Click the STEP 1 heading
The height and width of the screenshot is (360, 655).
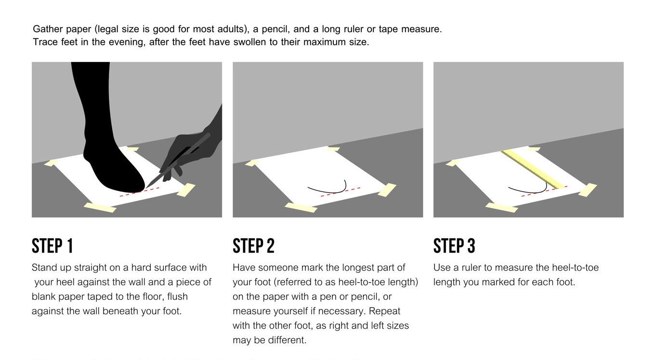pyautogui.click(x=52, y=246)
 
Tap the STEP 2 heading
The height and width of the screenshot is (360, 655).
pyautogui.click(x=253, y=246)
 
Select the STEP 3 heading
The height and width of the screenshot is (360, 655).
pyautogui.click(x=454, y=246)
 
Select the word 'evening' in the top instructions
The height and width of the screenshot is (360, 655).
pyautogui.click(x=127, y=42)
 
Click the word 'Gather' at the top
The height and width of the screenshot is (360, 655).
pyautogui.click(x=48, y=29)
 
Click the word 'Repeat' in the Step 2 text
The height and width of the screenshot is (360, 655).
pyautogui.click(x=385, y=311)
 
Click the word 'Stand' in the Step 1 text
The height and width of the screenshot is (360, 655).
pyautogui.click(x=44, y=268)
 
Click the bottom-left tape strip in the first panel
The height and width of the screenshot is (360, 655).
pyautogui.click(x=100, y=207)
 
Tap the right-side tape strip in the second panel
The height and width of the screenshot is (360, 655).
pyautogui.click(x=387, y=190)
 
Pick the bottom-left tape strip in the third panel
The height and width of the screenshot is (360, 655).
pyautogui.click(x=501, y=207)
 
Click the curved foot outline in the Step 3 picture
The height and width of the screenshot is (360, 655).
pyautogui.click(x=527, y=191)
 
